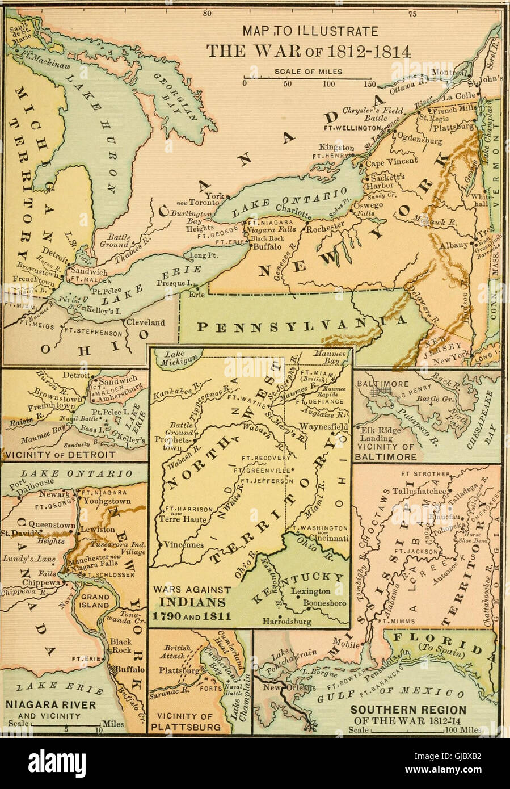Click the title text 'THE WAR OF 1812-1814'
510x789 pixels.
click(x=308, y=51)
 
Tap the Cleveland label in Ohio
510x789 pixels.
click(x=145, y=322)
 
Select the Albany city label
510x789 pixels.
click(x=453, y=245)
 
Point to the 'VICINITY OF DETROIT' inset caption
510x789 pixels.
click(x=60, y=455)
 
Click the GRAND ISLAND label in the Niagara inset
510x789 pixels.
click(x=94, y=601)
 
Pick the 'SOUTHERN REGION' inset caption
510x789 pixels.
click(x=408, y=710)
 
